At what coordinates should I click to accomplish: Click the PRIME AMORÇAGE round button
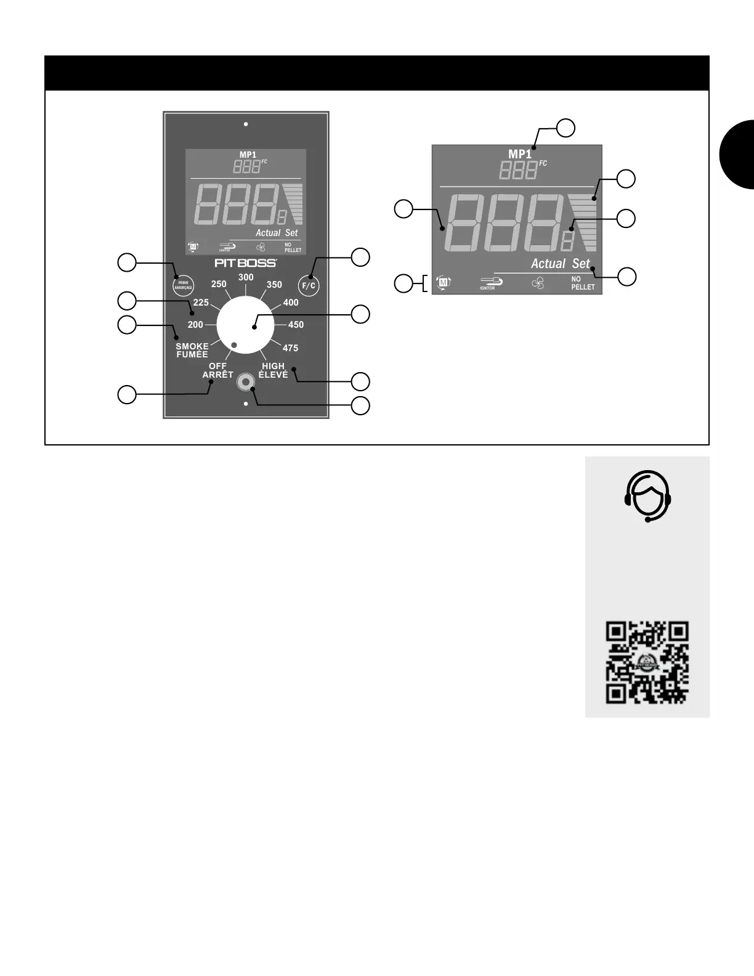pos(183,285)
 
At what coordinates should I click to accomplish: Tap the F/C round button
pos(309,285)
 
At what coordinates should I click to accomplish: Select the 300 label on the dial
pos(246,277)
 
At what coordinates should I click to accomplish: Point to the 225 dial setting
pos(201,303)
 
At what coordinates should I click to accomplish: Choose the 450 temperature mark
pos(296,325)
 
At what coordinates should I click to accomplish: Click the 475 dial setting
pos(290,348)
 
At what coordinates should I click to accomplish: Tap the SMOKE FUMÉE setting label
pos(192,350)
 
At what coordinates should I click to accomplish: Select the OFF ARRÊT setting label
pos(218,370)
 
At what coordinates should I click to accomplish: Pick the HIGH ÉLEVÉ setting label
pos(273,370)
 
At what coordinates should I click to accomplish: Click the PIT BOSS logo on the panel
pos(245,263)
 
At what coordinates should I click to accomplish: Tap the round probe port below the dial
pos(246,382)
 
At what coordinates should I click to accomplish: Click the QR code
pos(647,662)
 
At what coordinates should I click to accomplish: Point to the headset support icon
pos(647,495)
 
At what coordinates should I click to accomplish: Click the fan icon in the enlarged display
pos(538,284)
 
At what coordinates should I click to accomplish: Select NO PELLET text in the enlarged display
pos(582,283)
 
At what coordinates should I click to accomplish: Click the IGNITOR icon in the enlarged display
pos(491,283)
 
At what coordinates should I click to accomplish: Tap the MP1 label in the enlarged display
pos(519,154)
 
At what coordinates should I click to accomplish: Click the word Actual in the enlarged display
pos(548,264)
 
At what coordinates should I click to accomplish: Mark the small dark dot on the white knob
pos(234,345)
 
